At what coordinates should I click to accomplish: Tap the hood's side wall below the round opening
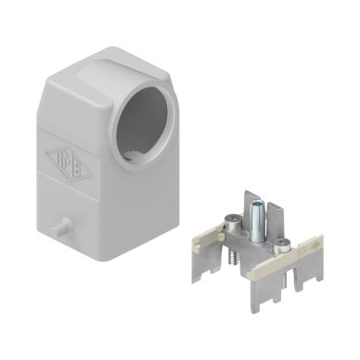[139, 199]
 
